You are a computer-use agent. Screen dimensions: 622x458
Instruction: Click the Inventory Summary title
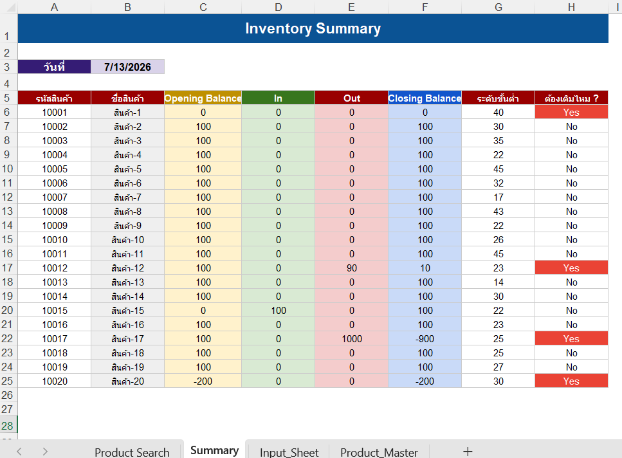click(x=313, y=28)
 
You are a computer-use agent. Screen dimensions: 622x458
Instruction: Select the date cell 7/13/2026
click(x=127, y=67)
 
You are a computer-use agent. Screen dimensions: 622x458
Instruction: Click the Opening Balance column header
click(x=203, y=98)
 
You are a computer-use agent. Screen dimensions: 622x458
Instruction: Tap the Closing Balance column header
click(x=425, y=98)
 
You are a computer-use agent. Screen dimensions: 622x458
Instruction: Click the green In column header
click(x=278, y=98)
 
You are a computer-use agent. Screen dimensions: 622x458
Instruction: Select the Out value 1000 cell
click(x=351, y=338)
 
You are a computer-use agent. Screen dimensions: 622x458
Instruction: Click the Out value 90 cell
click(x=351, y=268)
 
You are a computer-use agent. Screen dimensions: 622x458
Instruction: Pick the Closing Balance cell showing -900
click(x=425, y=338)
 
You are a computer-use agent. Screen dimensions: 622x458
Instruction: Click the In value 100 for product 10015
click(x=278, y=311)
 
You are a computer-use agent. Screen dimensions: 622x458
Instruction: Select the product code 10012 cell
click(x=55, y=268)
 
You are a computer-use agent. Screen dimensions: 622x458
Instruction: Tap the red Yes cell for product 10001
click(x=571, y=112)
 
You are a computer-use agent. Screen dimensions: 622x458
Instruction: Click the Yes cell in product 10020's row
click(x=571, y=381)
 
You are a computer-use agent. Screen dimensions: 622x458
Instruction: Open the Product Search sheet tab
click(x=132, y=452)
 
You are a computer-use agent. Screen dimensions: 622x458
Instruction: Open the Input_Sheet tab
click(x=289, y=452)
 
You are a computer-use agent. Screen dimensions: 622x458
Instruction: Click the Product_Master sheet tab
click(x=379, y=452)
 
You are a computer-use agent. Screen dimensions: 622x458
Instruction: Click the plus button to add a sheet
click(x=468, y=452)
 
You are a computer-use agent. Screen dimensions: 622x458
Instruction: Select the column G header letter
click(x=499, y=7)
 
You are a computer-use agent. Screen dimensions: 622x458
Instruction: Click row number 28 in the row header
click(x=7, y=426)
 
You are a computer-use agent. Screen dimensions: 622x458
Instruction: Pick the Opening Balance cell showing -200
click(x=203, y=381)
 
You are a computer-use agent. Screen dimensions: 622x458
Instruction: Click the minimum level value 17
click(x=499, y=197)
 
